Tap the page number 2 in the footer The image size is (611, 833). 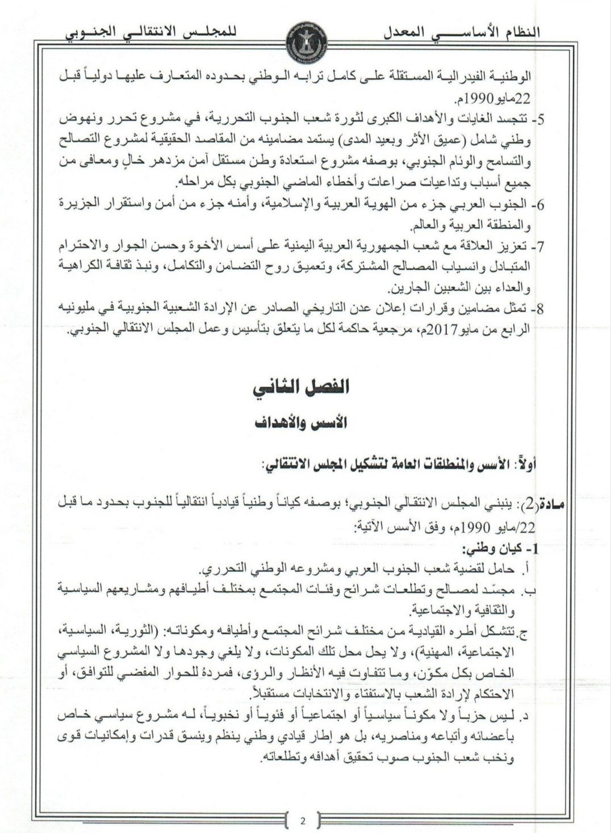tap(303, 821)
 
